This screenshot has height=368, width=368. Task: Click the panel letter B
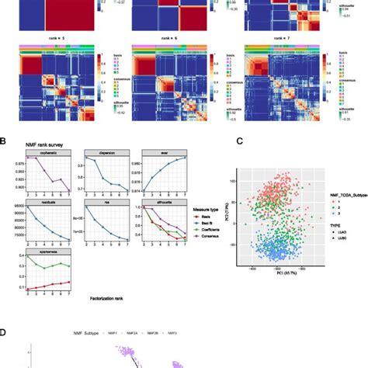pos(5,141)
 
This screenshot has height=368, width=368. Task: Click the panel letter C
pos(241,141)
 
